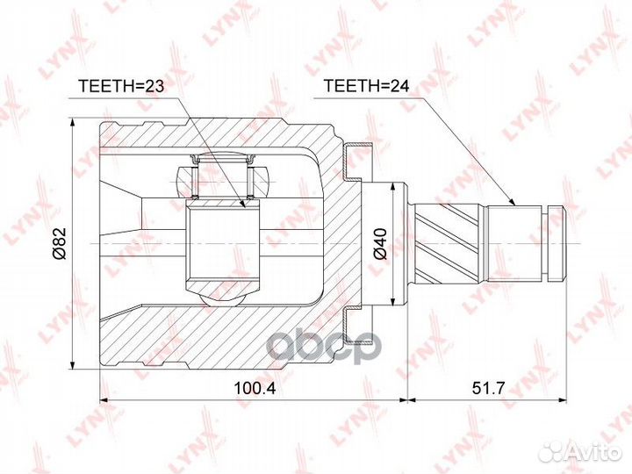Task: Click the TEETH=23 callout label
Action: click(121, 86)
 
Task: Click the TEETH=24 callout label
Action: click(366, 86)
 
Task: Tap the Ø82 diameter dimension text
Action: click(60, 243)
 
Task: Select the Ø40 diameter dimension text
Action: click(380, 243)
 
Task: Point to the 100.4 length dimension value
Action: click(255, 388)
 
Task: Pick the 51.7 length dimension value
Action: click(488, 388)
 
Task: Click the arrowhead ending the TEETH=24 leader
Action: click(513, 203)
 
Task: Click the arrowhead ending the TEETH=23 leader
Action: click(242, 204)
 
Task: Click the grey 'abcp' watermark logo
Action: click(325, 347)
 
